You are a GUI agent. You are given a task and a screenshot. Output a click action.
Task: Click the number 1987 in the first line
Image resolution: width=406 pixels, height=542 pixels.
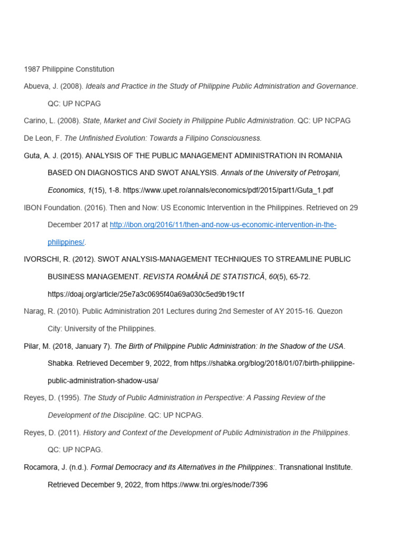coord(32,69)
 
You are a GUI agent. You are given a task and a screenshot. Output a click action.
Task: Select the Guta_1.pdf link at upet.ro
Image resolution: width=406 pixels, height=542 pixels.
coord(228,190)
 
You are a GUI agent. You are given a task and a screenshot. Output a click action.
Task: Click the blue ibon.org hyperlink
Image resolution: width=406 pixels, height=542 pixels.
coord(223,225)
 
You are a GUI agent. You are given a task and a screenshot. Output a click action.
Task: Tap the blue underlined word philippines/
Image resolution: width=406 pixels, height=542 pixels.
coord(66,242)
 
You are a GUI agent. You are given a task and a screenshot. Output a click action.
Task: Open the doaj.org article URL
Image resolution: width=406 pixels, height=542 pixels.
coord(146,294)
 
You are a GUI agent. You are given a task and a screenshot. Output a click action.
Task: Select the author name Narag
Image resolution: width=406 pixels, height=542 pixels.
coord(35,311)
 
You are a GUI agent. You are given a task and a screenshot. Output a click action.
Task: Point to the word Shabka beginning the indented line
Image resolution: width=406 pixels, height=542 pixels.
coord(60,363)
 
